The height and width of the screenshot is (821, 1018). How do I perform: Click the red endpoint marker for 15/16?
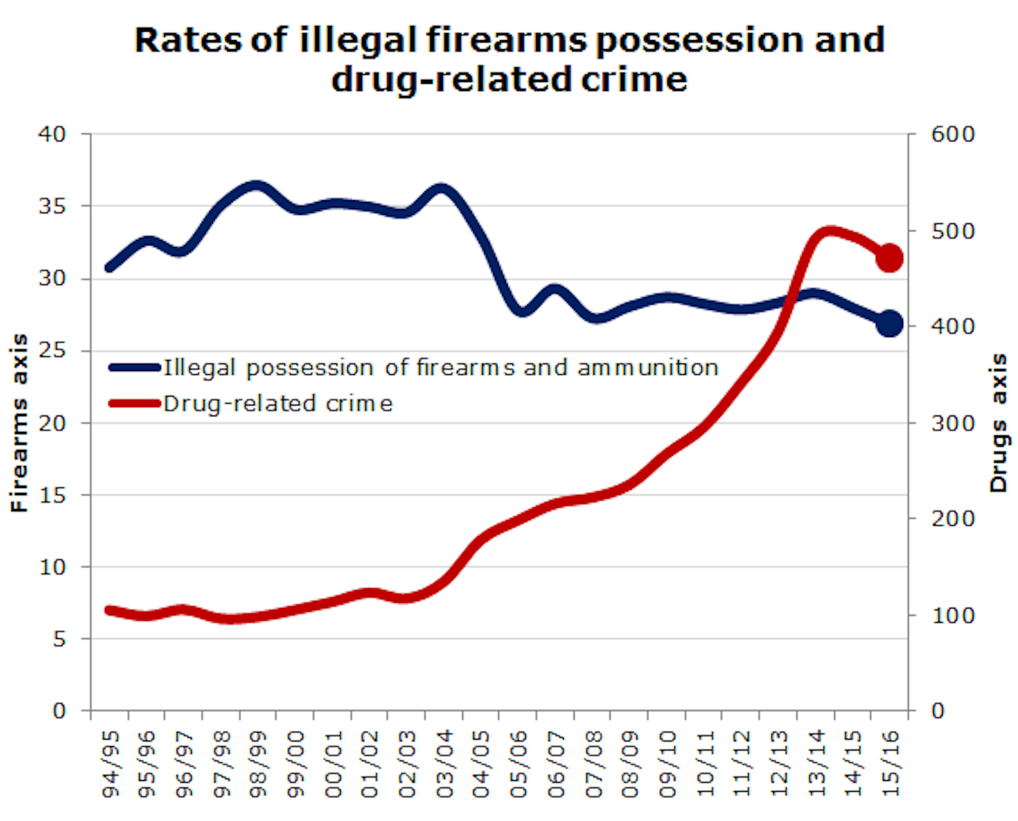(x=889, y=258)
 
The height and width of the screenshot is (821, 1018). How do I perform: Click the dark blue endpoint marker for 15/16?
(x=889, y=324)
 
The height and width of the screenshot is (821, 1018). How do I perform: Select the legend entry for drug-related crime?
(x=277, y=404)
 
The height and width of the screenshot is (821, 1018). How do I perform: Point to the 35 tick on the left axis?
(x=52, y=206)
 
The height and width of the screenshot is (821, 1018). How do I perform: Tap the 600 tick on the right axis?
(x=953, y=135)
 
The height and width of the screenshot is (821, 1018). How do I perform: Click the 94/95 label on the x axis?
(x=111, y=763)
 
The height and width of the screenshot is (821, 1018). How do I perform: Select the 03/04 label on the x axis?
(x=445, y=763)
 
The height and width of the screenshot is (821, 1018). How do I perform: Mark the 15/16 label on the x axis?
(x=890, y=763)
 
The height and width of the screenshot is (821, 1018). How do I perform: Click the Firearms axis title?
(x=20, y=423)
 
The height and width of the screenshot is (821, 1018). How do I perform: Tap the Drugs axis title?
(x=999, y=423)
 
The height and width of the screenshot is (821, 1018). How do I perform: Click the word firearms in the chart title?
(x=506, y=41)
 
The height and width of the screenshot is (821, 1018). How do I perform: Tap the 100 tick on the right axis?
(x=953, y=615)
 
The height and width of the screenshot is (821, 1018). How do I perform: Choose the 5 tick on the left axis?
(x=59, y=639)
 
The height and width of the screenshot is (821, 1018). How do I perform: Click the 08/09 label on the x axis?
(x=630, y=763)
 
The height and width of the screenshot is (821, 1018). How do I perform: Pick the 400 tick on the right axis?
(x=953, y=326)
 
